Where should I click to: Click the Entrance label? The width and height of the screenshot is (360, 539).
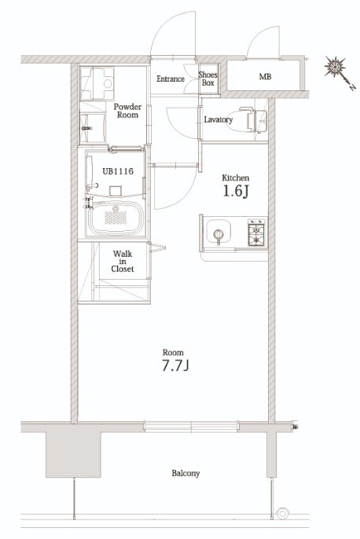click(171, 79)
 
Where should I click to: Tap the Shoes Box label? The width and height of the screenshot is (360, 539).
click(208, 79)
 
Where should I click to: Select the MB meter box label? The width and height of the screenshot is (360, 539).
click(265, 77)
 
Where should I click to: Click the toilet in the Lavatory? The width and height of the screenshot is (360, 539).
click(247, 119)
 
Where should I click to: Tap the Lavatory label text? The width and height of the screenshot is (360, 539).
click(219, 119)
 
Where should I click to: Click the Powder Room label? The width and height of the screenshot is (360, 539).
click(127, 111)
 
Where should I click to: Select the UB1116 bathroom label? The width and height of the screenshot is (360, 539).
click(118, 170)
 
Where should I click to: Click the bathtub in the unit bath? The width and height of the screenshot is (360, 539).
click(116, 218)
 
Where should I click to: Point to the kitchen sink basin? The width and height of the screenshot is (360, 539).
click(219, 231)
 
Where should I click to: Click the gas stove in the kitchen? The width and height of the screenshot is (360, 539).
click(257, 233)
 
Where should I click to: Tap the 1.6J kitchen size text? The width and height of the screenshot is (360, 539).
click(236, 192)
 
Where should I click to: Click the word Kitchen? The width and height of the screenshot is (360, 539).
click(236, 178)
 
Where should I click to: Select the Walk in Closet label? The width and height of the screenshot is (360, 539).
click(123, 262)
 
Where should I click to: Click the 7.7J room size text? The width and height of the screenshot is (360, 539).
click(175, 365)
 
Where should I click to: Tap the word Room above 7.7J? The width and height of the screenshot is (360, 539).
click(173, 352)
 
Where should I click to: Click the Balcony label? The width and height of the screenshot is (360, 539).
click(186, 473)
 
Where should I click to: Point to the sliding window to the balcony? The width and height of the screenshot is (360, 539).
click(191, 427)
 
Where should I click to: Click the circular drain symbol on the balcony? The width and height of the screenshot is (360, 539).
click(283, 514)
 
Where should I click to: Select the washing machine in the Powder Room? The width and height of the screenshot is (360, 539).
click(97, 82)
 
